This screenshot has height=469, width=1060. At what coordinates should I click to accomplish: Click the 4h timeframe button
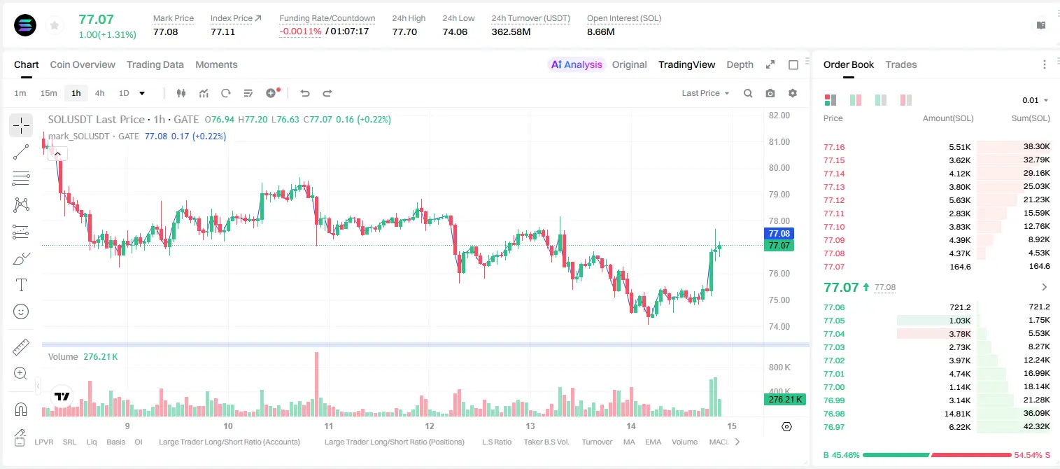click(x=99, y=93)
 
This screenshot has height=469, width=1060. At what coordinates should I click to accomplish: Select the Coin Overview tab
click(x=83, y=64)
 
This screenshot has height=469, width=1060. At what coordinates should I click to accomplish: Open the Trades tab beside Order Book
click(x=901, y=64)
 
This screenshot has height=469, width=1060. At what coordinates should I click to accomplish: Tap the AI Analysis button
click(x=577, y=64)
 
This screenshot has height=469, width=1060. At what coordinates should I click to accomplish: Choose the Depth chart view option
click(x=740, y=64)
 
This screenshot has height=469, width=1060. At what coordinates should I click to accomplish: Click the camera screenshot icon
click(x=770, y=93)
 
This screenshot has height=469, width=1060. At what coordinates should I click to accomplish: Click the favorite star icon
click(x=55, y=25)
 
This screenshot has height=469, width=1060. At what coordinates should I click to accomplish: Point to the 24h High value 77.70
click(x=404, y=31)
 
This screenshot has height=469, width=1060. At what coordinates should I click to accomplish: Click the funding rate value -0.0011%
click(x=300, y=31)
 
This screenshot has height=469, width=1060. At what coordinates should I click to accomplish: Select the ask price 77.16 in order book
click(x=834, y=147)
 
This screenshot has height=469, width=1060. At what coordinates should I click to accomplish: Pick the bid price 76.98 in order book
click(x=834, y=414)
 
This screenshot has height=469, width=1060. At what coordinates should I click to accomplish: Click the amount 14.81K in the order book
click(x=957, y=414)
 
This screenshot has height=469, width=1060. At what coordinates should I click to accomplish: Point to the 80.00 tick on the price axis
click(x=779, y=168)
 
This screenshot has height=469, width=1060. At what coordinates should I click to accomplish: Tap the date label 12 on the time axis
click(x=429, y=426)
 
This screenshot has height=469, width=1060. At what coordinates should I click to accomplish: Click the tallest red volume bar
click(x=316, y=384)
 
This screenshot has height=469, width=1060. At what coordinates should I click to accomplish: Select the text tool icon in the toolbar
click(x=21, y=285)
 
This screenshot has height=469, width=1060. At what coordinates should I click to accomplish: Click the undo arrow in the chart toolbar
click(x=305, y=93)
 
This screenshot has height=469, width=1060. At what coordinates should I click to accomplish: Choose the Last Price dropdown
click(x=705, y=93)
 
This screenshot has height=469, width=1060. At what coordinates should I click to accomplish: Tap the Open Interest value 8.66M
click(x=600, y=31)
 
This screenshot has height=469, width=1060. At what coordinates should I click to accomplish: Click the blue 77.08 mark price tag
click(x=779, y=233)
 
